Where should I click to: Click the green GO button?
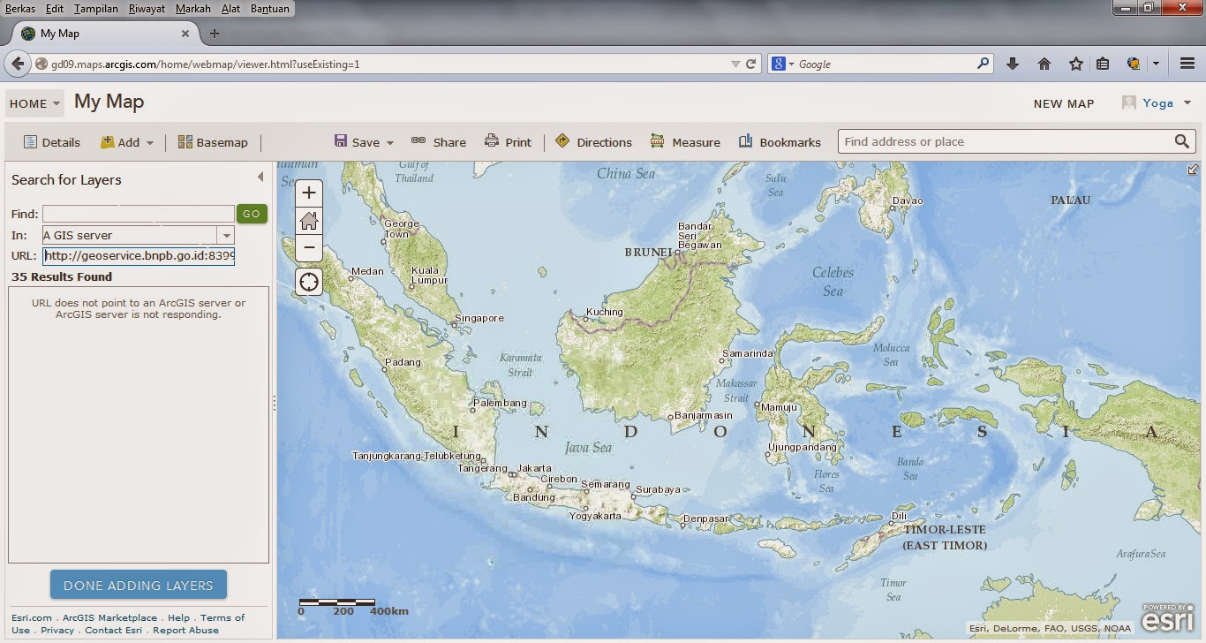click(x=252, y=214)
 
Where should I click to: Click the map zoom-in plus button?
click(x=308, y=193)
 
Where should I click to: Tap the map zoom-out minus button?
click(x=308, y=248)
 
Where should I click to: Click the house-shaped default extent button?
click(x=308, y=221)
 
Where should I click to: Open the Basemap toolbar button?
click(x=213, y=142)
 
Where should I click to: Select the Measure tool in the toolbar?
click(x=685, y=142)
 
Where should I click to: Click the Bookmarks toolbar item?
click(x=780, y=142)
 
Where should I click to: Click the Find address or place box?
click(x=1005, y=141)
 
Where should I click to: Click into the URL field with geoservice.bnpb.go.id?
click(x=139, y=256)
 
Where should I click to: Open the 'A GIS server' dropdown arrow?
click(x=227, y=236)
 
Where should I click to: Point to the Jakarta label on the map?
click(x=534, y=468)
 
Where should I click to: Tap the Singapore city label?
click(x=479, y=318)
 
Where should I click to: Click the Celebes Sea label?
click(x=833, y=282)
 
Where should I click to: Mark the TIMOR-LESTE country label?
click(x=944, y=530)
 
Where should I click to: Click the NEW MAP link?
click(x=1063, y=103)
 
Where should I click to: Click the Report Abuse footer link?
click(x=185, y=630)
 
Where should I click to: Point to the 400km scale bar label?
click(x=389, y=611)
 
